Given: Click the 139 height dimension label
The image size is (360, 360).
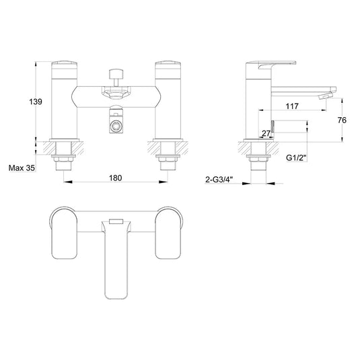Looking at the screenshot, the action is click(36, 102).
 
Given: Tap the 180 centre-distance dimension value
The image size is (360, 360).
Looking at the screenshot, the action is click(115, 178).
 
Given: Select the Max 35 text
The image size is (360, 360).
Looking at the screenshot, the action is click(22, 168).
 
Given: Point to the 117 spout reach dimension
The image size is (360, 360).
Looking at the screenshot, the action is click(292, 106).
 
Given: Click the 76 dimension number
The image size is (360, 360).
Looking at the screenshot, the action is click(342, 120).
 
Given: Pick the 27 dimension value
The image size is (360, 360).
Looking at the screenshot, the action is click(266, 133).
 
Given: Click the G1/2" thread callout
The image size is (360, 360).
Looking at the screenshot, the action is click(296, 158).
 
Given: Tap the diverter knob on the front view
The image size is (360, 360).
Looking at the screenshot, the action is click(116, 74).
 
